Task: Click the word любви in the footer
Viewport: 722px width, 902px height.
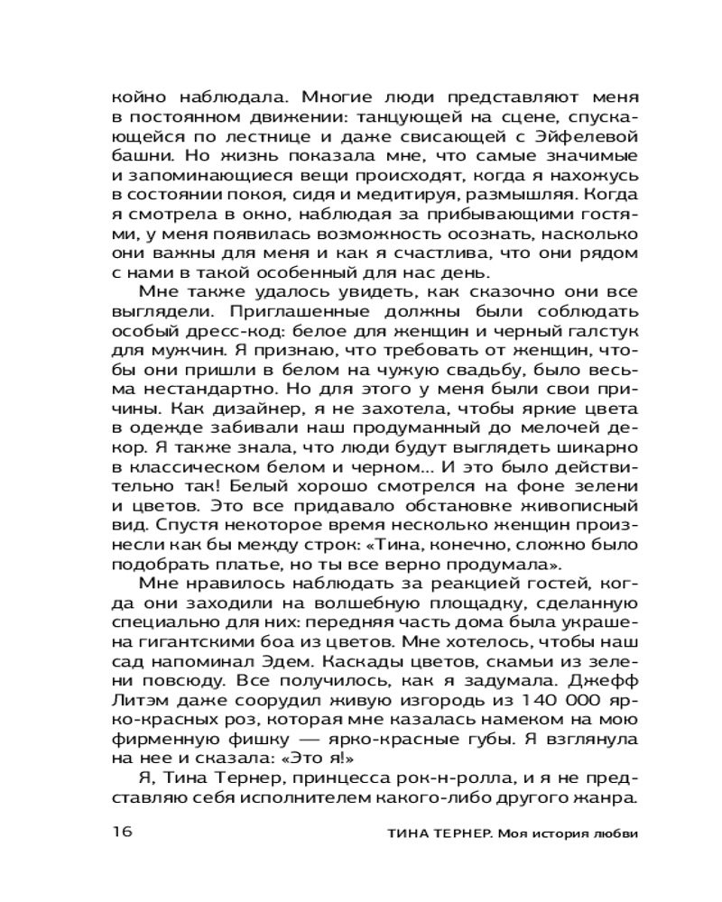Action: [x=617, y=833]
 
